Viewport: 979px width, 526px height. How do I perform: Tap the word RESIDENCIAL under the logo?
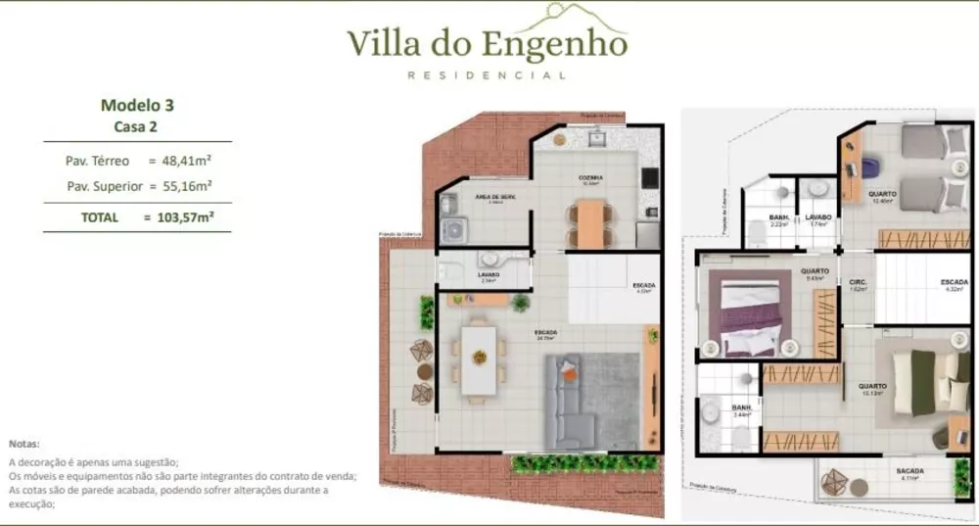pyautogui.click(x=487, y=75)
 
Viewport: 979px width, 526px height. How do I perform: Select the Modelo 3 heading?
pyautogui.click(x=137, y=105)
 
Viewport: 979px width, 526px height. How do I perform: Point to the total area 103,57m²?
pyautogui.click(x=186, y=217)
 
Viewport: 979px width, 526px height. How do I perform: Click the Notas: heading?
pyautogui.click(x=24, y=444)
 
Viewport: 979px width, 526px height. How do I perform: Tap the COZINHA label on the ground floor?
pyautogui.click(x=589, y=178)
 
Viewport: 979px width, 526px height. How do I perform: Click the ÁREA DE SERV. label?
pyautogui.click(x=494, y=197)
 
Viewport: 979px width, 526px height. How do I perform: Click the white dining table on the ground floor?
pyautogui.click(x=479, y=359)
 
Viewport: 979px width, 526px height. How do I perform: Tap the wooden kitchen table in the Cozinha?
pyautogui.click(x=588, y=223)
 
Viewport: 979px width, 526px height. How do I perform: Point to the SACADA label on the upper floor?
pyautogui.click(x=909, y=471)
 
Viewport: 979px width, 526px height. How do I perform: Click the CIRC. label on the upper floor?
pyautogui.click(x=859, y=280)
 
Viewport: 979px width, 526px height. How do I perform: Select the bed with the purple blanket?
pyautogui.click(x=750, y=315)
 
